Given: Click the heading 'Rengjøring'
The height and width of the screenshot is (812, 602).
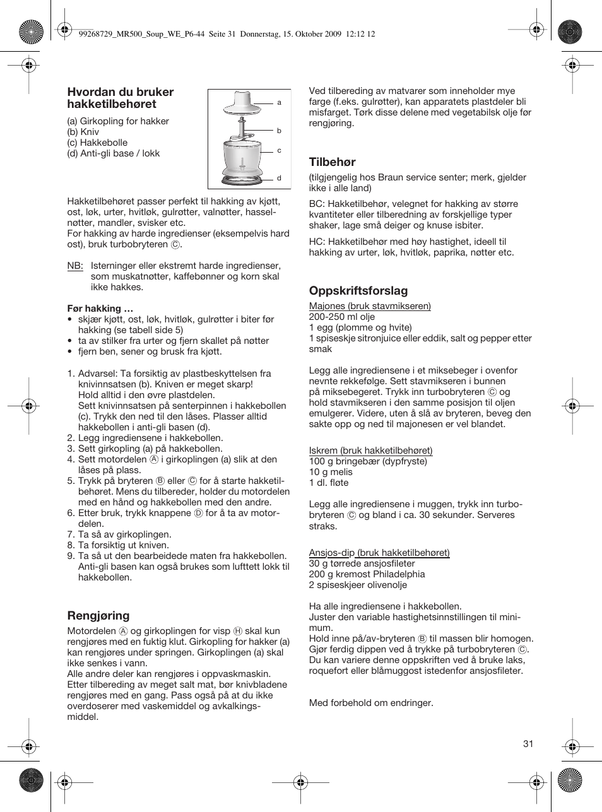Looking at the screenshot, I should point(98,616).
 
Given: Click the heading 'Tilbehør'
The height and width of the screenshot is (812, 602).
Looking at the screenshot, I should point(332,162).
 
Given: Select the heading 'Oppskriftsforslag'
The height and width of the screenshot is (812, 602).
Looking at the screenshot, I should point(358,291).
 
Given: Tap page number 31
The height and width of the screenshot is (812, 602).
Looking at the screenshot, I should point(528,744).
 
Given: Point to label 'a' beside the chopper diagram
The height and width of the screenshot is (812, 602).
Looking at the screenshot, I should point(279,102).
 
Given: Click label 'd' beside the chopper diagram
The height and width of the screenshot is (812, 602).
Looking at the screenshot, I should point(279,179).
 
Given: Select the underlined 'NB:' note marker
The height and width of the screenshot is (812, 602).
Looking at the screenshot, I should point(74,266).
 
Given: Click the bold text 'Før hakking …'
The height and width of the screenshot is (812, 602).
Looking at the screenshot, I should point(100,309).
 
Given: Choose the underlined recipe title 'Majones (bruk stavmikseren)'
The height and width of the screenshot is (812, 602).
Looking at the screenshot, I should point(369,306).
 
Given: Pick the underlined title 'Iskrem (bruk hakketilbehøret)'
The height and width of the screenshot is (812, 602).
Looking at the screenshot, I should point(370,450).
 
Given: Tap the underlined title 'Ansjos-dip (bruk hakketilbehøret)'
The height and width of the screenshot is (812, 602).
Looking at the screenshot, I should point(379,553).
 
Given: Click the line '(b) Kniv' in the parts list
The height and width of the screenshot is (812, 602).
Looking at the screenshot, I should point(83,132).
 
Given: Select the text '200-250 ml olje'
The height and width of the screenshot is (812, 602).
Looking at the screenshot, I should point(341,317).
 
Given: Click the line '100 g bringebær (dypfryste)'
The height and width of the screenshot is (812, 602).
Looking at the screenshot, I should point(367,461).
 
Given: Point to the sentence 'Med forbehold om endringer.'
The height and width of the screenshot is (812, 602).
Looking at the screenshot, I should point(370,703).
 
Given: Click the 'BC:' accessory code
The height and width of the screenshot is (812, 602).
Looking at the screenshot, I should point(316,204).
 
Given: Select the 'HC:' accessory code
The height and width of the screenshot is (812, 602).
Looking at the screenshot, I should point(316,242).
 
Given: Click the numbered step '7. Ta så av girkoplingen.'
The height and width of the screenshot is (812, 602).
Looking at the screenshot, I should point(119,534).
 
